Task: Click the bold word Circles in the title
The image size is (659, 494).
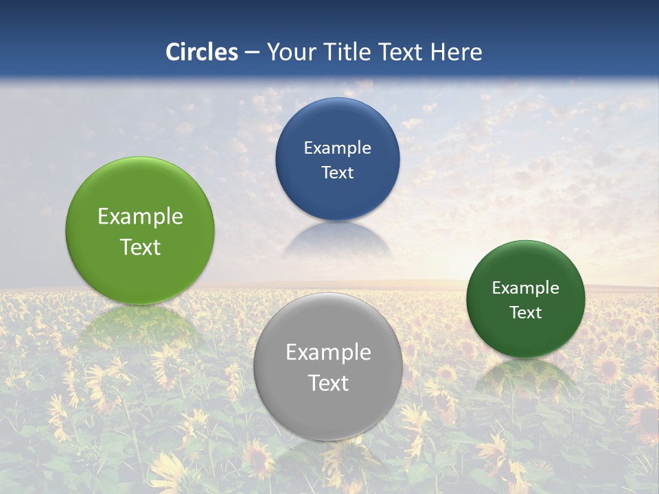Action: click(202, 52)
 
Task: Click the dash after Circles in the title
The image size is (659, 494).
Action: click(252, 53)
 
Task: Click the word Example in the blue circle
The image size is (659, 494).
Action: click(338, 148)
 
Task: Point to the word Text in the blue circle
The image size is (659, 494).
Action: click(338, 172)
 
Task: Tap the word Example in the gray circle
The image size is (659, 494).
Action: click(328, 352)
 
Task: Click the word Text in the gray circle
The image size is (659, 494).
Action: click(328, 383)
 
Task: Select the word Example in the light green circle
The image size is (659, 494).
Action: click(140, 216)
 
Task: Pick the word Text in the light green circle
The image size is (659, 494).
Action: click(140, 247)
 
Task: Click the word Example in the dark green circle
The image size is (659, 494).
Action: click(526, 287)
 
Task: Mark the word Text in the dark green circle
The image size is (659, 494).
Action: click(526, 312)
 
